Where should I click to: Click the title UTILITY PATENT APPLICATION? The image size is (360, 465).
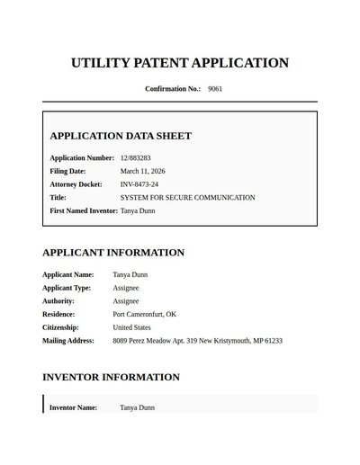click(x=180, y=63)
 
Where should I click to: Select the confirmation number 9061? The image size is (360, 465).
click(x=215, y=89)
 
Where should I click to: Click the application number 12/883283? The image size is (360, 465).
click(x=136, y=158)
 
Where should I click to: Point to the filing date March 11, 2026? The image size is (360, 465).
click(x=143, y=171)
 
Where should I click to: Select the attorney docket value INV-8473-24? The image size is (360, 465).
click(x=139, y=184)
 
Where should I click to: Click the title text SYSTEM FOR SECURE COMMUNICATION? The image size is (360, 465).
click(x=187, y=197)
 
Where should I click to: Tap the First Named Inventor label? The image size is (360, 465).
click(x=84, y=210)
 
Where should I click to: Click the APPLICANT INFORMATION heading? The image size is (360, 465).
click(x=113, y=253)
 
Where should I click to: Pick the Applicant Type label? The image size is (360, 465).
click(x=67, y=288)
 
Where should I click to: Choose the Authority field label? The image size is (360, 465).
click(x=58, y=301)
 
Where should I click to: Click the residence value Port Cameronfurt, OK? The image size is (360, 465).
click(x=144, y=315)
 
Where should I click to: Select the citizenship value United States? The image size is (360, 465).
click(x=132, y=327)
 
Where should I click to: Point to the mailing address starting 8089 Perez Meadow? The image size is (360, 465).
click(x=197, y=341)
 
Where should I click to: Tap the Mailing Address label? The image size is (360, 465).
click(x=68, y=341)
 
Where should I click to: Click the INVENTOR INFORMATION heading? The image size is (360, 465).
click(x=111, y=377)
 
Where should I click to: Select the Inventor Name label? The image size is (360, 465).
click(x=73, y=407)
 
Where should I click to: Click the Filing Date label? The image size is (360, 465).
click(x=67, y=171)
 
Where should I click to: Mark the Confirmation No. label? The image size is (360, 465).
click(x=173, y=89)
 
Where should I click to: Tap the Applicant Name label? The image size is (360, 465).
click(x=67, y=274)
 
